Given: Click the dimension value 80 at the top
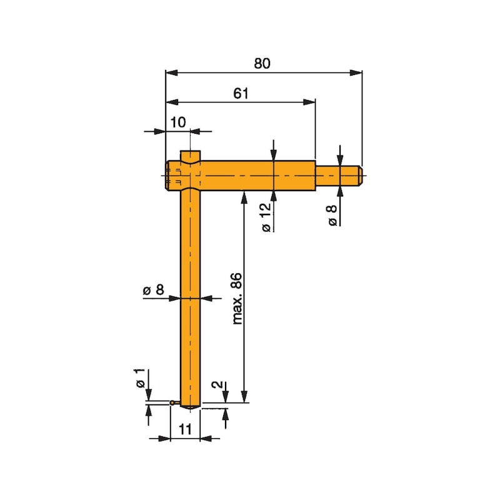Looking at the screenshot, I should point(262,63).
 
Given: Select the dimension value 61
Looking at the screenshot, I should point(241,93).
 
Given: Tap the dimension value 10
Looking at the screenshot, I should point(177,122).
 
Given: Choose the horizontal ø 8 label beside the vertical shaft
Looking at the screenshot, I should point(153,289).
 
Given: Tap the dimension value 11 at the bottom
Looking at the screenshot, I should point(184,429).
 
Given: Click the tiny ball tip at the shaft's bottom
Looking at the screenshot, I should point(172,403).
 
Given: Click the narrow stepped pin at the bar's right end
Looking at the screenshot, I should point(339,175).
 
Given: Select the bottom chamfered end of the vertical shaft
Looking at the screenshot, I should point(190,407).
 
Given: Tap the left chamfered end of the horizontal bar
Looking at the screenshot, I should point(167,175).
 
